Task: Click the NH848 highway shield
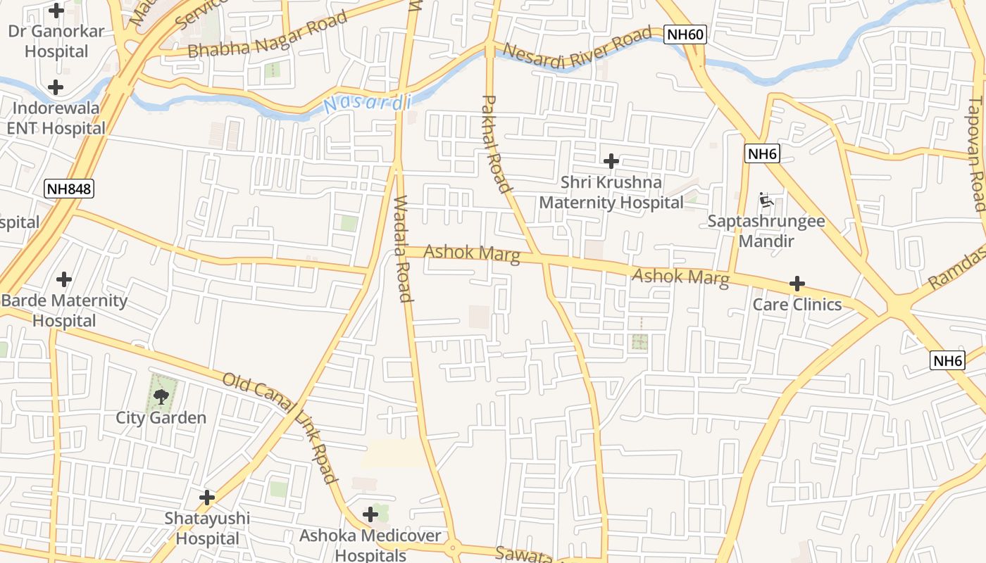tap(68, 188)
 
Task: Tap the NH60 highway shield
tap(684, 34)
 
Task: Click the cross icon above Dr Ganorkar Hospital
tap(56, 11)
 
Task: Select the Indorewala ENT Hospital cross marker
tap(56, 88)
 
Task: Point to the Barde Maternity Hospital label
tap(64, 310)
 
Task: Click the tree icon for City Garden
tap(161, 396)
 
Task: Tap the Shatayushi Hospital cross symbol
tap(206, 498)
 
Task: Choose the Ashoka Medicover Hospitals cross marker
tap(370, 514)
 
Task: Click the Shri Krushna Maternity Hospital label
tap(611, 193)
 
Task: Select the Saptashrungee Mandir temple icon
tap(766, 201)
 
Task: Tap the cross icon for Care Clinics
tap(797, 284)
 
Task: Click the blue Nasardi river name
tap(367, 103)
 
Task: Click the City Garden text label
tap(161, 417)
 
